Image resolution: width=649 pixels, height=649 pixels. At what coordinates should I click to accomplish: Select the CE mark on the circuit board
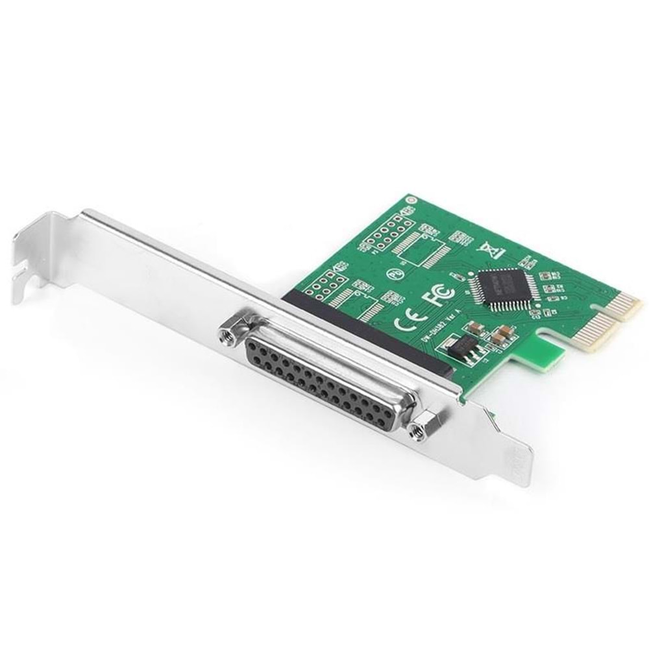[407, 320]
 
